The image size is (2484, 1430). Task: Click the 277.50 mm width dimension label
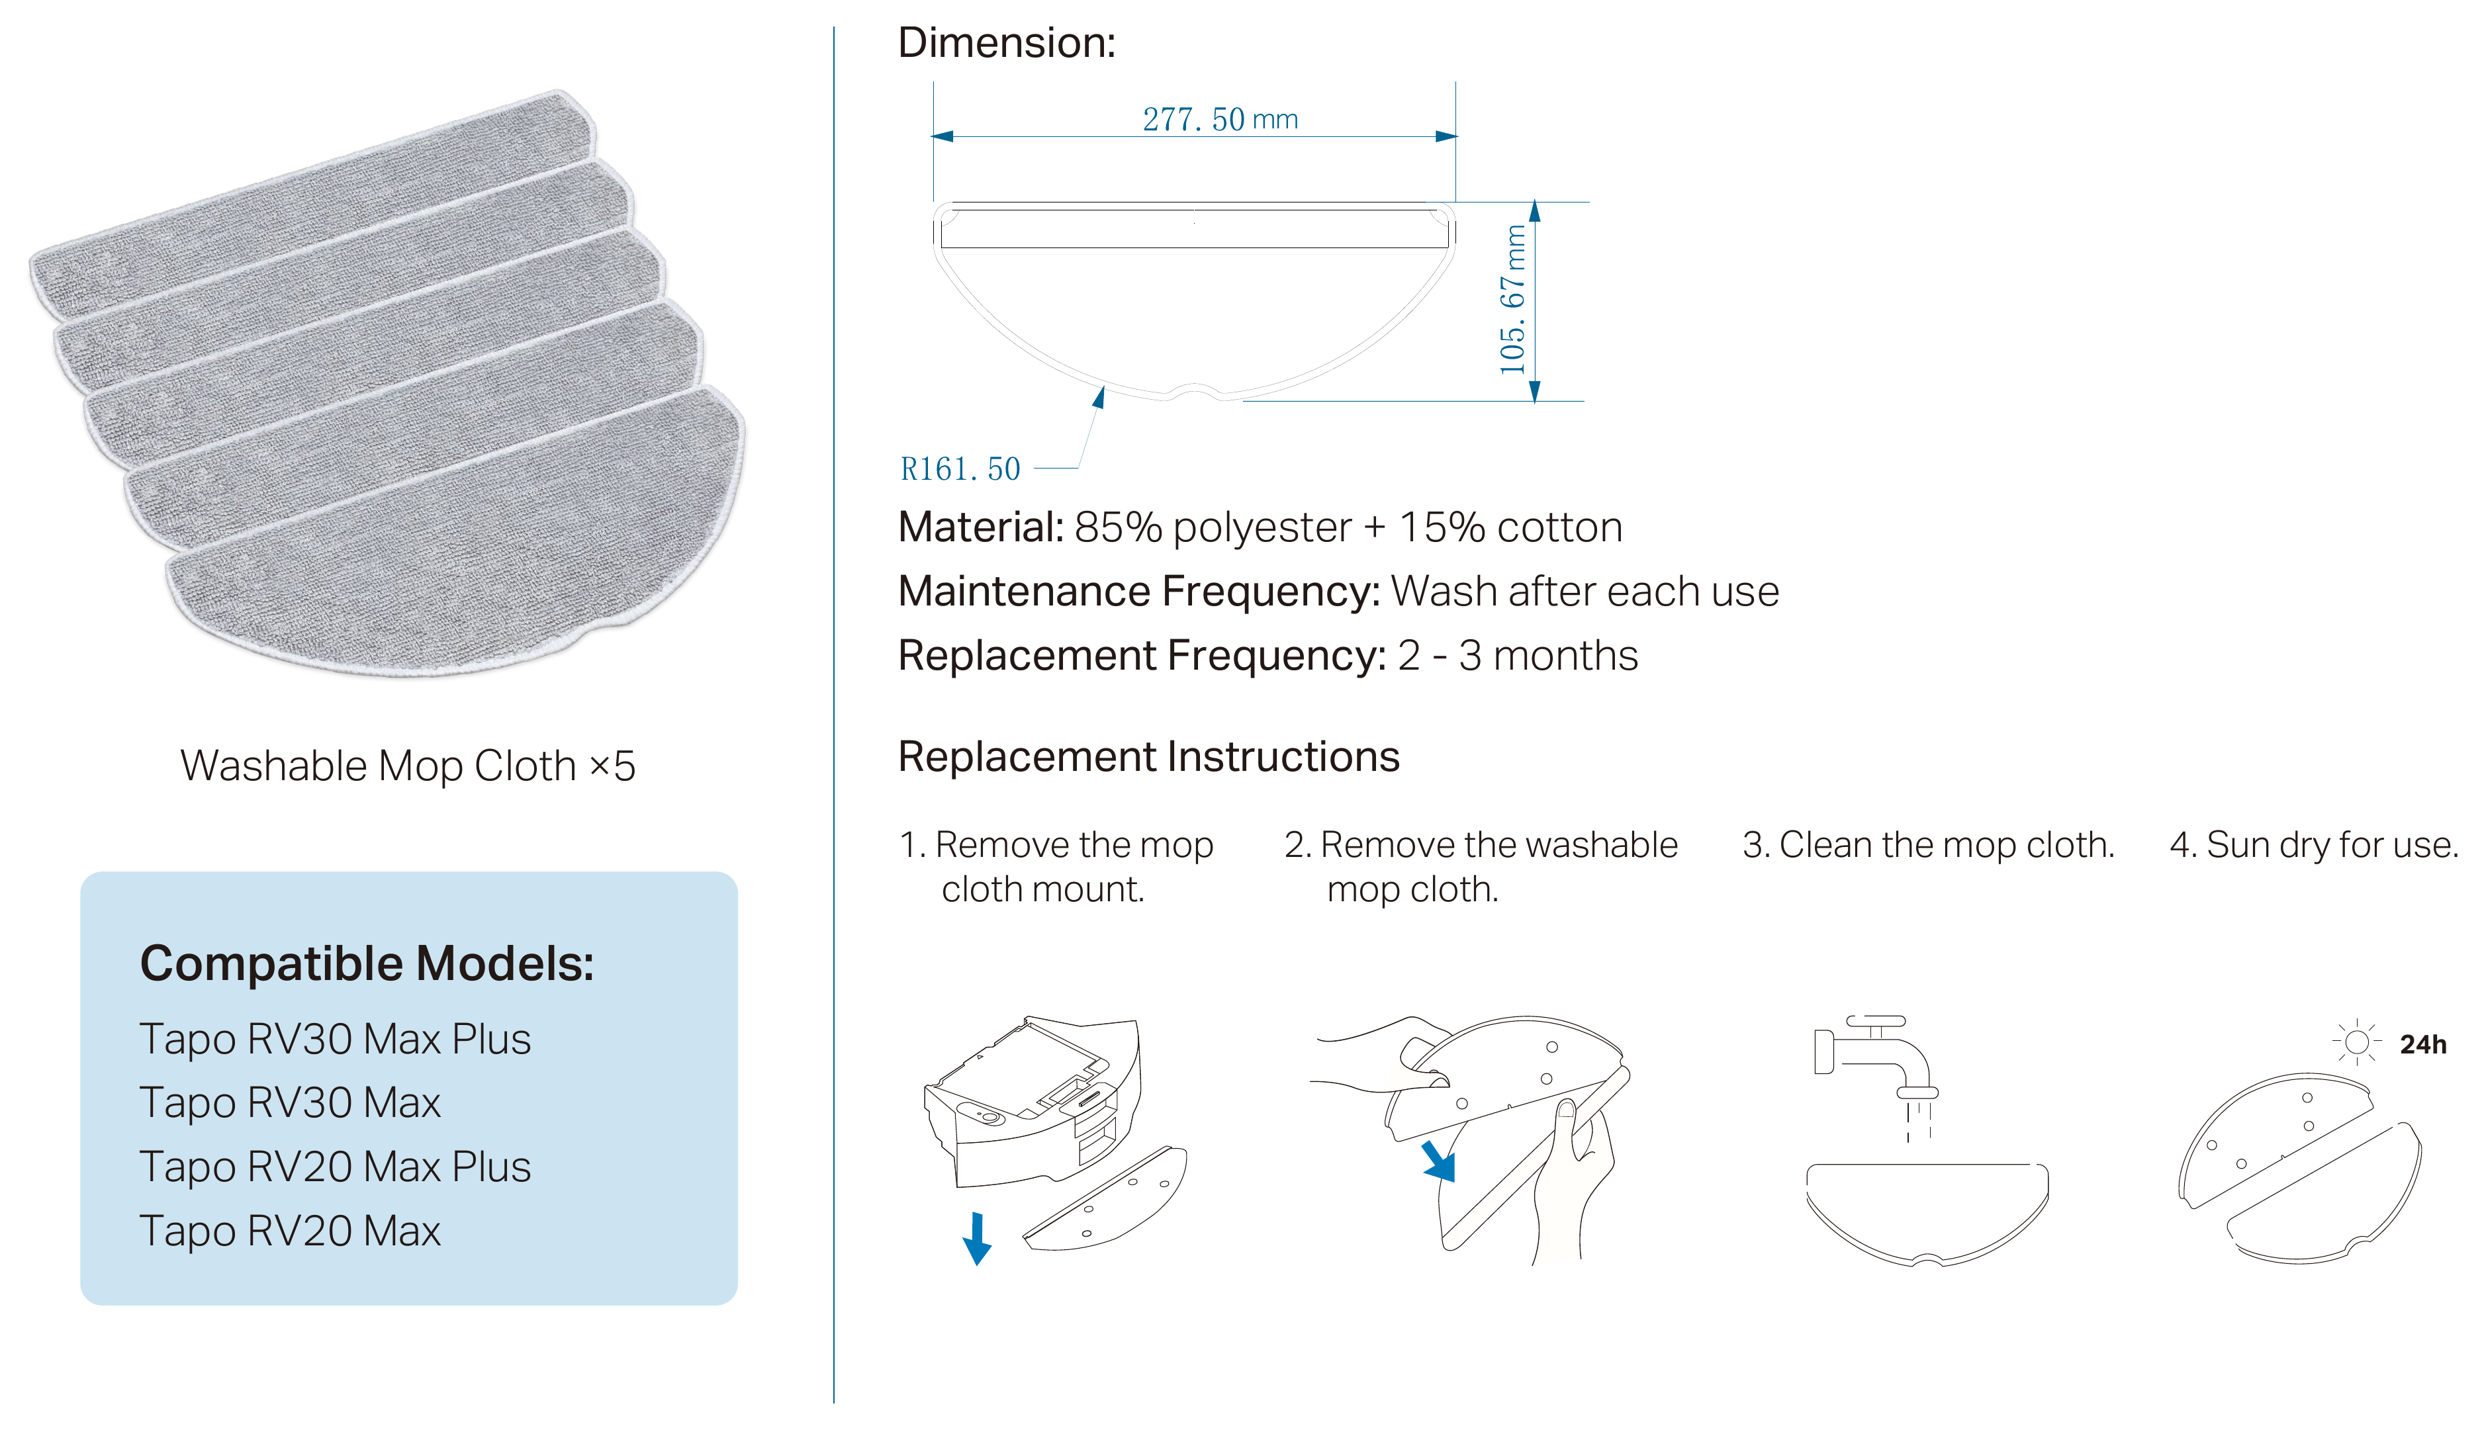coord(1219,119)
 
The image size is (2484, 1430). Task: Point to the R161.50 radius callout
coord(960,469)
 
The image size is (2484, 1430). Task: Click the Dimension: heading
coord(1007,42)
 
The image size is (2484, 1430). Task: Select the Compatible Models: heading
coord(367,963)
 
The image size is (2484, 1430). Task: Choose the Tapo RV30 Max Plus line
coord(335,1038)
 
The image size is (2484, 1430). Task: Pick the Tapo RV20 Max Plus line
coord(335,1166)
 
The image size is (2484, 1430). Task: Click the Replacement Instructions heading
coord(1148,756)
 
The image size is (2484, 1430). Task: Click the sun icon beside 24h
coord(2356,1042)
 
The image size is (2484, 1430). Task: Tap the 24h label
coord(2423,1044)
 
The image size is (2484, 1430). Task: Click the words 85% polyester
coord(1213,527)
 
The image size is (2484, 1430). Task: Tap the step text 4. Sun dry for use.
coord(2314,844)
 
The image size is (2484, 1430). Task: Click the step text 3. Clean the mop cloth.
coord(1928,844)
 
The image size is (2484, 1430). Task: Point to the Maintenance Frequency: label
coord(1139,591)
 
